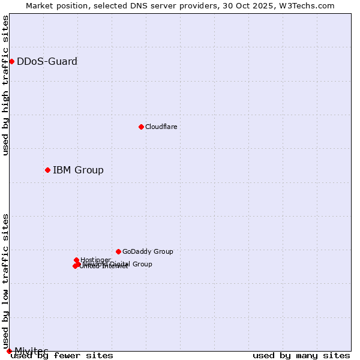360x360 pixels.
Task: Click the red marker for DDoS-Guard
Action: point(11,61)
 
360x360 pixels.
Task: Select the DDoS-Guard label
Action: point(47,61)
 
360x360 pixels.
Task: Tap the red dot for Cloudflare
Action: point(141,127)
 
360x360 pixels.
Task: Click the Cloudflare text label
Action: point(161,127)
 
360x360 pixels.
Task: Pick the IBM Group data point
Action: point(47,170)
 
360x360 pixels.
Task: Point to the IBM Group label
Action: point(78,170)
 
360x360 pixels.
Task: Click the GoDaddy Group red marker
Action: point(118,251)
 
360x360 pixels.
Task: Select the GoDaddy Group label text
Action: point(147,251)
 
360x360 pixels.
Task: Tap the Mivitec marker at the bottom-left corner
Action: point(9,351)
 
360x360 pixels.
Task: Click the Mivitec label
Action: point(31,350)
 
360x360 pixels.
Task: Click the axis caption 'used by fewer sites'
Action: point(62,355)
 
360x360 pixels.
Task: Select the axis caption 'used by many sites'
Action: point(301,355)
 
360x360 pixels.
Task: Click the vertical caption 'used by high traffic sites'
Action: point(6,85)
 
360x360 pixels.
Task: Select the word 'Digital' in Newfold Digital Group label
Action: point(122,264)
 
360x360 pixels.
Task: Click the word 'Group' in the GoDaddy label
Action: point(163,251)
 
